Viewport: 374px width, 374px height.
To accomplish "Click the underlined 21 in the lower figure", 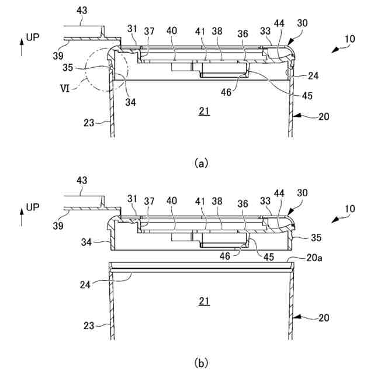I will pyautogui.click(x=203, y=302).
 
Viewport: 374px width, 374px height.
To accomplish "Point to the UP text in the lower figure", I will pyautogui.click(x=34, y=208).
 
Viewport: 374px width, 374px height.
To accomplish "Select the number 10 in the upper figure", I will pyautogui.click(x=349, y=39).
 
